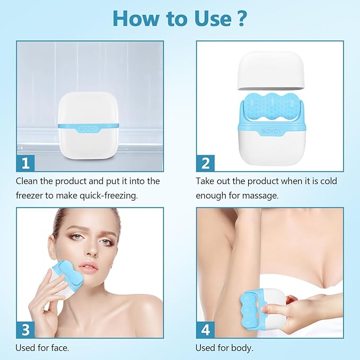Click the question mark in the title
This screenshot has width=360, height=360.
point(241,18)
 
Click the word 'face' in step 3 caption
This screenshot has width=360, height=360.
point(59,348)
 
